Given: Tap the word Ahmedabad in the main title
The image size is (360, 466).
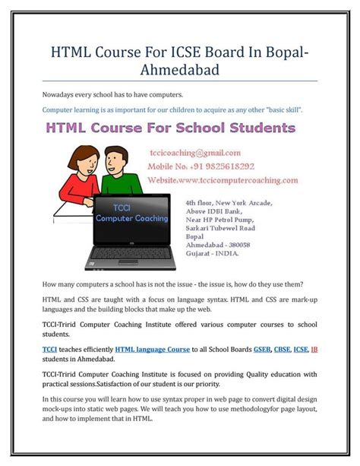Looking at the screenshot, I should pyautogui.click(x=179, y=71).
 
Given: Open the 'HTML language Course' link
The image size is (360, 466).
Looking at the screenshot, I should pyautogui.click(x=153, y=349).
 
